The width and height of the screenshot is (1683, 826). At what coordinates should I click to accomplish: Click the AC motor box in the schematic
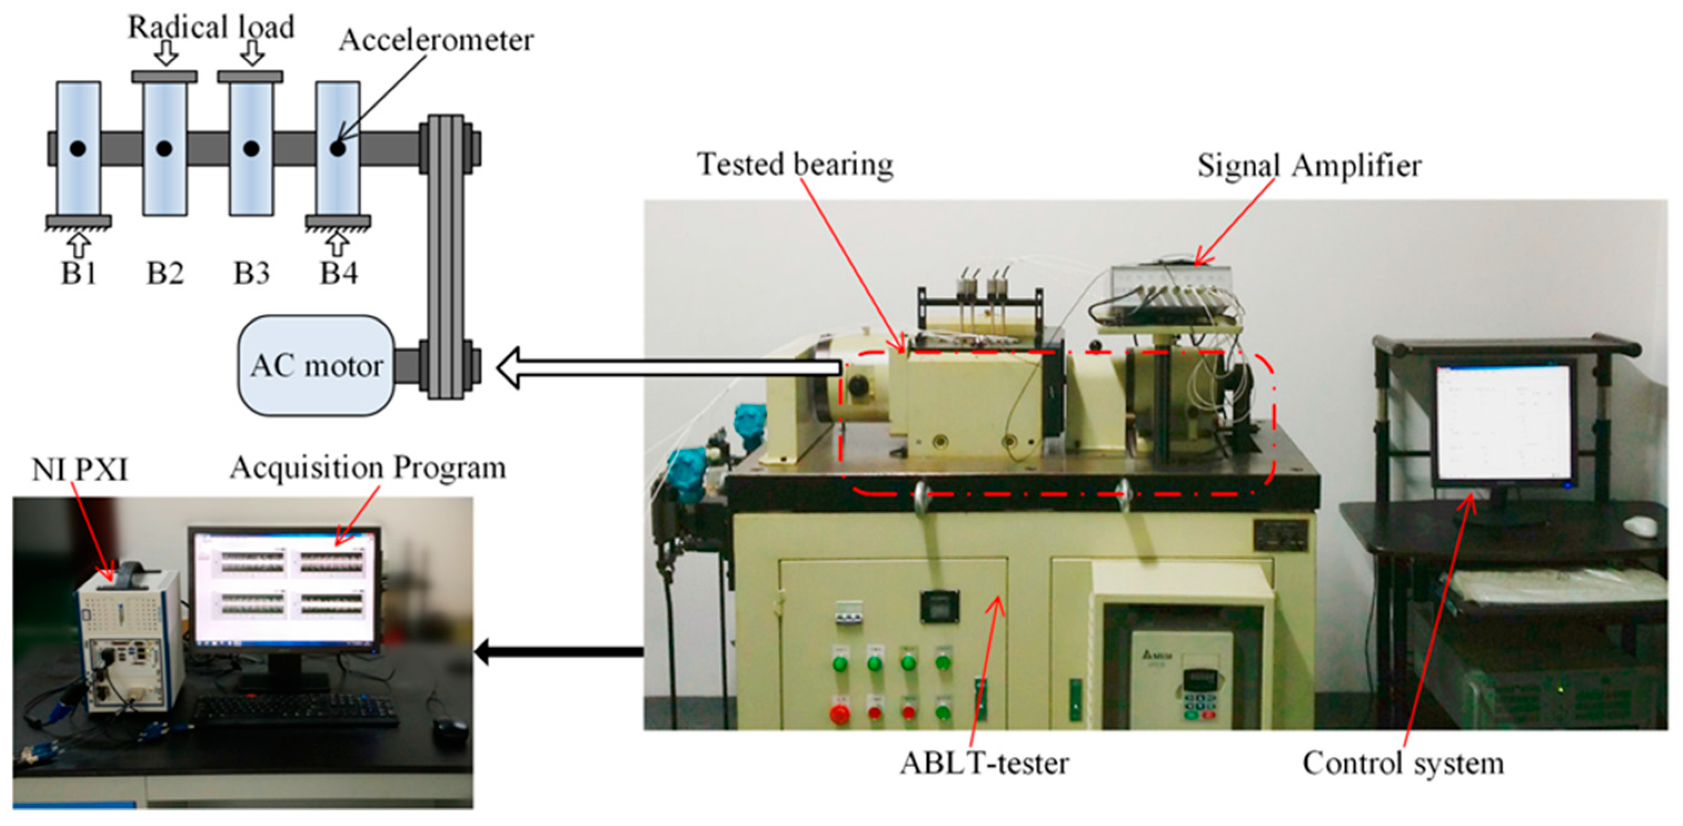[x=316, y=366]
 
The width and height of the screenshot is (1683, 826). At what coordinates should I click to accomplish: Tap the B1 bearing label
[x=78, y=273]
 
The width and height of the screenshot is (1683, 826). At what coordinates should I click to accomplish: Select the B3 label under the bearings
[x=252, y=273]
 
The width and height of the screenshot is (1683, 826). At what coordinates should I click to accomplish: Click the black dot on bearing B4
[x=337, y=149]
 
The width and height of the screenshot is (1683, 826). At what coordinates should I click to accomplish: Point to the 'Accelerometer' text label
[x=436, y=41]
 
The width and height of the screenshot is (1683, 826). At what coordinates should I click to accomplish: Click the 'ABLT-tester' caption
[x=984, y=763]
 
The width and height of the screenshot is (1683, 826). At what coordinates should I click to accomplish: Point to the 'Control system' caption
[x=1403, y=763]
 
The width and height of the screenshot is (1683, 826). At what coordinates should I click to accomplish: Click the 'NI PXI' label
[x=79, y=469]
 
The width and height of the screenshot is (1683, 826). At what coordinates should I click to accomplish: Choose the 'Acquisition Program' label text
[x=368, y=468]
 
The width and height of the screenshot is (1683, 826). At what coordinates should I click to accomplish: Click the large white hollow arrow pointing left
[x=666, y=368]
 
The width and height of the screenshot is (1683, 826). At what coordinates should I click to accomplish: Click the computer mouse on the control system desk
[x=1640, y=525]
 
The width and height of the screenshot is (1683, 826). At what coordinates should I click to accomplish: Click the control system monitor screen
[x=1503, y=423]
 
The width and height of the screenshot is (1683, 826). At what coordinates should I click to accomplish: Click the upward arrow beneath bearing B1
[x=79, y=245]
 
